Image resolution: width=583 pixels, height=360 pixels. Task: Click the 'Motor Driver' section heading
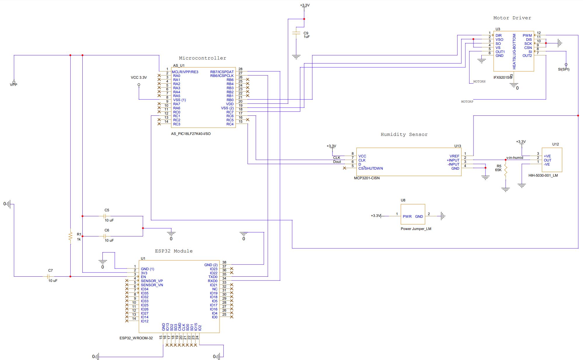pos(512,18)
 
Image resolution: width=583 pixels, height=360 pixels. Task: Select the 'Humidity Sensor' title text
pos(404,134)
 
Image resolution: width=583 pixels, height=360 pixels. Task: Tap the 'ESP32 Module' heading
pos(174,251)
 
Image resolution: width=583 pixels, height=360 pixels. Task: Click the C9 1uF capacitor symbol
pos(296,34)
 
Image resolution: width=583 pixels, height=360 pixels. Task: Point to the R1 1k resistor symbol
pos(70,236)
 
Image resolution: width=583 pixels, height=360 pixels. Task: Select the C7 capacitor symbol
pos(50,276)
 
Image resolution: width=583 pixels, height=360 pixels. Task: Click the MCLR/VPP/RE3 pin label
pos(185,72)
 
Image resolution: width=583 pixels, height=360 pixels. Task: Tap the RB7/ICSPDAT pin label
pos(222,72)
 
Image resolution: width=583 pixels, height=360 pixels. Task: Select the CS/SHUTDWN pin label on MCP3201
pos(370,168)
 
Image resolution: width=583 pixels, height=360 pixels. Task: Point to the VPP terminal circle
pos(14,82)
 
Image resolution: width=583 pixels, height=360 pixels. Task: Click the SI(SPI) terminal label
pos(563,69)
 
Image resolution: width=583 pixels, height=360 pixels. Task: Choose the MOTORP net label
pos(467,102)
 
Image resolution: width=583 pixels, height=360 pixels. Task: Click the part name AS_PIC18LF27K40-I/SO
pos(191,134)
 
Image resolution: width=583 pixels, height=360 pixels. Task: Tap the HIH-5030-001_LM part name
pos(543,175)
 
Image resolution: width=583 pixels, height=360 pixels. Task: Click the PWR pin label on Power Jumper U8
pos(407,217)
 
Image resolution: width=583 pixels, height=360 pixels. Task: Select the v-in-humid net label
pos(514,158)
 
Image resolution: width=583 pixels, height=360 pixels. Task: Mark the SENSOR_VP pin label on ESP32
pos(152,281)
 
